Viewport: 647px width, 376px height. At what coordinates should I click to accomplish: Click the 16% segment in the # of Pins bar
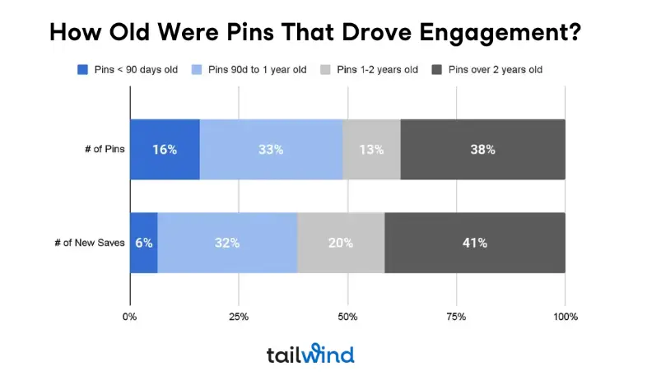coord(165,150)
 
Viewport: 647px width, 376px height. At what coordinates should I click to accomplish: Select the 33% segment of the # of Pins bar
coord(271,150)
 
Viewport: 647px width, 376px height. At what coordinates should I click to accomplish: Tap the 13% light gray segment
coord(371,150)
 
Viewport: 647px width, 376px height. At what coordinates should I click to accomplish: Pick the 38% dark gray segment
coord(482,150)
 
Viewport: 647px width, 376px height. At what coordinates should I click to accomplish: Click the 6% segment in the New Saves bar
coord(144,243)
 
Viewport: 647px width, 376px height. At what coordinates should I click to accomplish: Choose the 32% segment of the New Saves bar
coord(227,243)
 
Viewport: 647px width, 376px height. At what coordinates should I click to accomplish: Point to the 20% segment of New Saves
coord(341,243)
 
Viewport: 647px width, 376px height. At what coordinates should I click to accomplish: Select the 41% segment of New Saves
coord(474,243)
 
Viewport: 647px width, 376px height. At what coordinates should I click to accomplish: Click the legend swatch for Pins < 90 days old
coord(82,70)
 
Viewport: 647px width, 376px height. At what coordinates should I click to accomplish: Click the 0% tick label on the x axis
coord(130,317)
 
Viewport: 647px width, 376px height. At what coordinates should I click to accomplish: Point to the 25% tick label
coord(239,317)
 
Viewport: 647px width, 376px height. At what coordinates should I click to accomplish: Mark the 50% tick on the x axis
coord(347,317)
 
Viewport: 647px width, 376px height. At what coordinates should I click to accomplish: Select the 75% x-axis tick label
coord(456,317)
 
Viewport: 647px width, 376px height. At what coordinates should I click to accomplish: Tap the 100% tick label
coord(565,317)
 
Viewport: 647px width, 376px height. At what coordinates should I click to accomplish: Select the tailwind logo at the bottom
coord(310,355)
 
